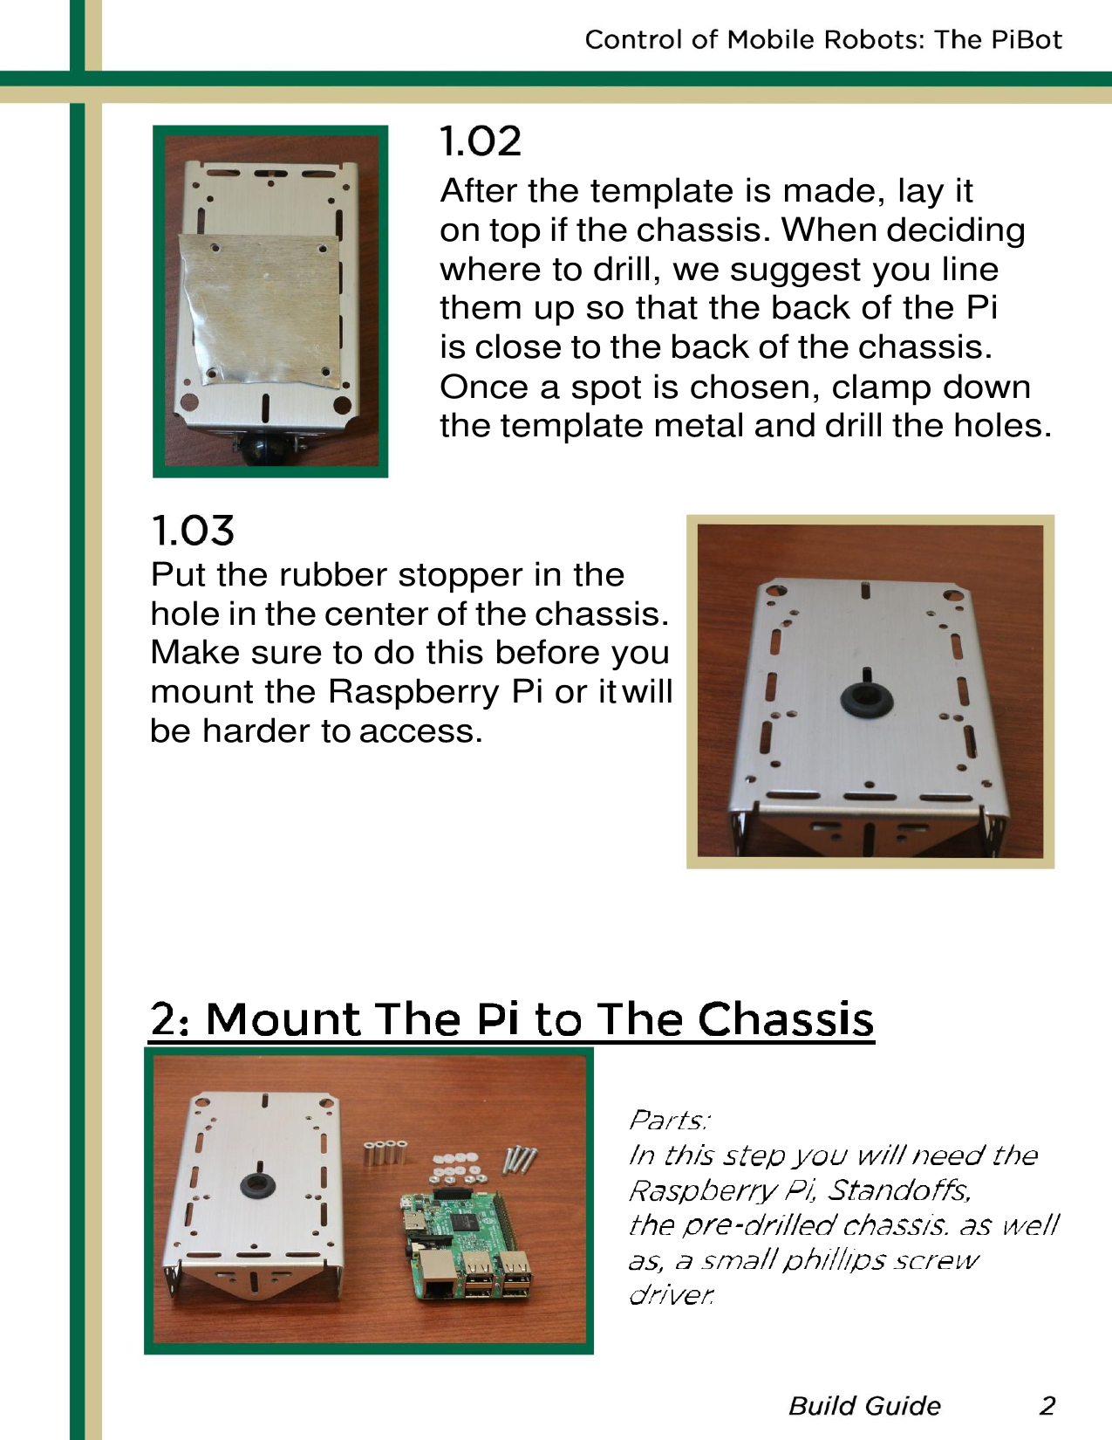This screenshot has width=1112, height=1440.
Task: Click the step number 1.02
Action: pos(481,141)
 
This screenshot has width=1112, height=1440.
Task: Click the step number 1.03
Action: pos(193,531)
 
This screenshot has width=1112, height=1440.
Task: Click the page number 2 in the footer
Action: pos(1047,1406)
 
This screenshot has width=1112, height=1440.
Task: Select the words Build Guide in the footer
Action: pos(864,1406)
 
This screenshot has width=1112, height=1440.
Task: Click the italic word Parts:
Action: pos(670,1120)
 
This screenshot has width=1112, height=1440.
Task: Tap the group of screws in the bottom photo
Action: pos(520,1159)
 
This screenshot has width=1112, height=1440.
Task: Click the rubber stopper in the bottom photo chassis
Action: pos(257,1185)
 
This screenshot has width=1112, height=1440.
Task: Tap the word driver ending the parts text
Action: pos(670,1294)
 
